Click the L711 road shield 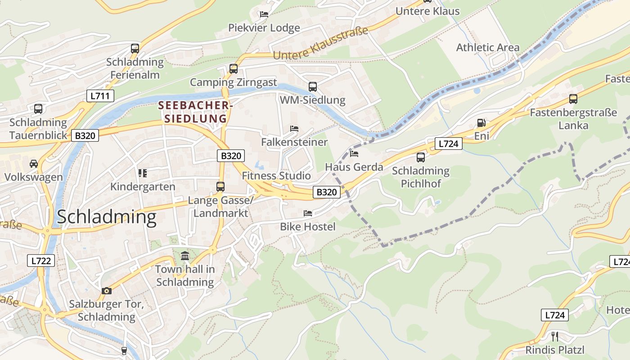pos(100,95)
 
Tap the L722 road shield pos(41,260)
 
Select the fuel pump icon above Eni pos(481,123)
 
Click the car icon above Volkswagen pos(34,163)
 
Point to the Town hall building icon pos(185,256)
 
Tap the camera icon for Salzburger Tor pos(106,291)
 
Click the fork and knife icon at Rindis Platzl pos(555,336)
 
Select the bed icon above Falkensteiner pos(294,129)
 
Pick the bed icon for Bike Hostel pos(308,213)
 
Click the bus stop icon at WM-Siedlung pos(312,86)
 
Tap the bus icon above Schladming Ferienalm pos(135,49)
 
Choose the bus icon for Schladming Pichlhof pos(420,157)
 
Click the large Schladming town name pos(107,217)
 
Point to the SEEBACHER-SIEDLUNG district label pos(195,112)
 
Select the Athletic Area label pos(487,47)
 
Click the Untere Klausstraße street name pos(320,44)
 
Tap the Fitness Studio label pos(276,175)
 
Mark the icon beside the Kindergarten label pos(143,173)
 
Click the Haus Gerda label pos(354,167)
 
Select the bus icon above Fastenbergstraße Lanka pos(573,99)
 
